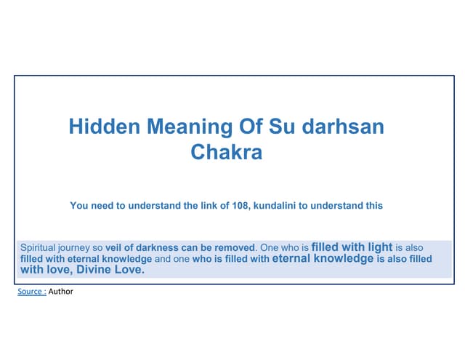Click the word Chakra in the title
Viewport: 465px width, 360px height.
click(226, 153)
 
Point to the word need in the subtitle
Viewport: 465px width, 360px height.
click(104, 206)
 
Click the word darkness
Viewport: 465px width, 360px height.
click(161, 247)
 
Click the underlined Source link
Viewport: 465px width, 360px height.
click(32, 292)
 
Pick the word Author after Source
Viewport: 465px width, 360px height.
click(61, 292)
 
